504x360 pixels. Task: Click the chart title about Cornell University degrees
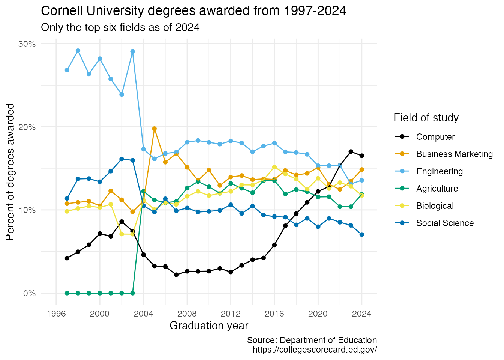(193, 11)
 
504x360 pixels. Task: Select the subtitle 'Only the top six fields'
(120, 27)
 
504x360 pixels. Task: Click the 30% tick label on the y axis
(27, 44)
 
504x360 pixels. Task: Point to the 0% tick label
(29, 293)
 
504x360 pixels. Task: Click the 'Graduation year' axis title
(209, 325)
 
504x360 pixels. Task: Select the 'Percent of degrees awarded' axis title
(10, 172)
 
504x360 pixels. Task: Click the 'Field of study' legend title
(426, 118)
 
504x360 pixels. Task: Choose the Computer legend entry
(435, 137)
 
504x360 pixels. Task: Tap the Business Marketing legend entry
(454, 154)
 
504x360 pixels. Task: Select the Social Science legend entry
(445, 223)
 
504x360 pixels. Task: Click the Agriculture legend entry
(437, 189)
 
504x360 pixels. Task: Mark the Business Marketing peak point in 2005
(154, 129)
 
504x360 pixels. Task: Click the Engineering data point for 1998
(78, 51)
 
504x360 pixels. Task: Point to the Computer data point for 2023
(351, 151)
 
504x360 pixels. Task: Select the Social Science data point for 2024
(361, 234)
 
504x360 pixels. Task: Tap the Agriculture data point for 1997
(67, 293)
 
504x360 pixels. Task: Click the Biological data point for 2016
(274, 167)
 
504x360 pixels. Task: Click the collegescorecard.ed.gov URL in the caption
(315, 349)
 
